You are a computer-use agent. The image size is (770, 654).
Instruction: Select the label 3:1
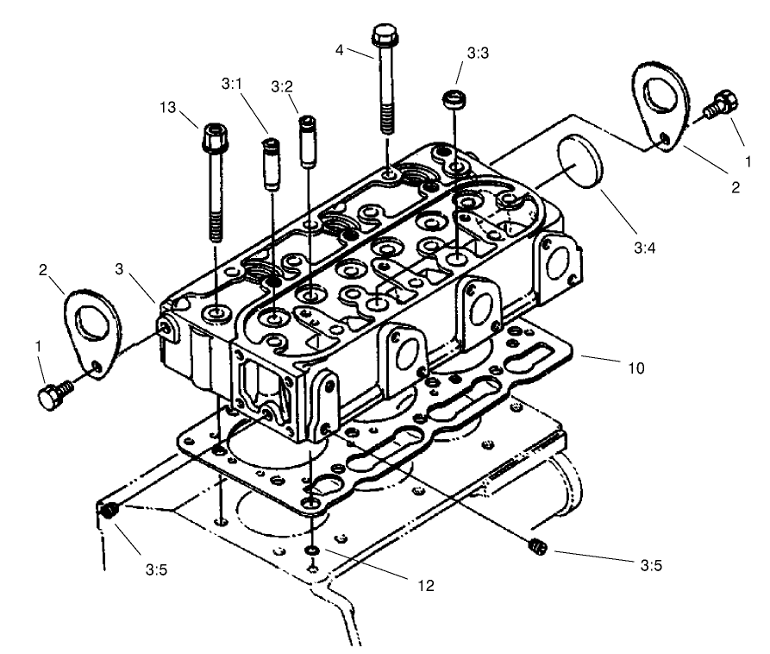tap(232, 85)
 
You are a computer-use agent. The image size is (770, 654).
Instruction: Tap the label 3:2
tap(282, 86)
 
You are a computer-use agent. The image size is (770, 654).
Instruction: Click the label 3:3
tap(478, 53)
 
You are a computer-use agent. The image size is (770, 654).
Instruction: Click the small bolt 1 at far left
tap(54, 394)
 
